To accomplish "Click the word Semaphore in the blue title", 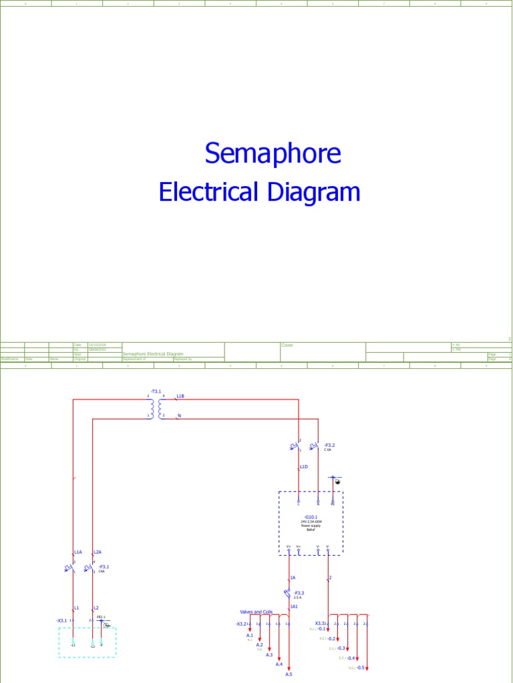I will (273, 153).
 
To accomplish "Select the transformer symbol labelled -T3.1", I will (156, 406).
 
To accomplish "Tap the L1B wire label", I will (180, 396).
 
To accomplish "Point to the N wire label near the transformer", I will (179, 416).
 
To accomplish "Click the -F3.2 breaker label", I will (329, 444).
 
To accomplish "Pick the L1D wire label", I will (303, 467).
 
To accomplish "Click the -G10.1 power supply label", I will (311, 517).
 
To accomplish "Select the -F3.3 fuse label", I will (299, 592).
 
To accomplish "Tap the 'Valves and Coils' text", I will (256, 612).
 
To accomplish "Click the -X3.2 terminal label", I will (240, 624).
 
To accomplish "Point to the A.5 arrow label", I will (289, 674).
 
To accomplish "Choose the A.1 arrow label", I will (250, 636).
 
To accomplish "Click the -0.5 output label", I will (360, 668).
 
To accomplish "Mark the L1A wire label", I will (77, 552).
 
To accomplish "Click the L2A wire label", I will (98, 552).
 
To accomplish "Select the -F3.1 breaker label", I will (104, 567).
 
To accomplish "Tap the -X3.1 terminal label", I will (62, 620).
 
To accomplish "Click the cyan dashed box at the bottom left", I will (87, 642).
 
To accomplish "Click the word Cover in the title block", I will (287, 346).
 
